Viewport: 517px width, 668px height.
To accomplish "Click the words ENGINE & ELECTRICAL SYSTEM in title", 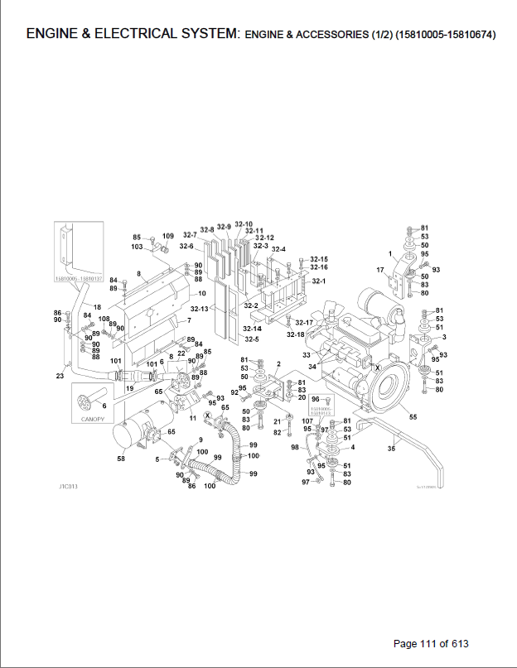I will click(132, 35).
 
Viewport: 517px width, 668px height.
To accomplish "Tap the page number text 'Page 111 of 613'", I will click(435, 643).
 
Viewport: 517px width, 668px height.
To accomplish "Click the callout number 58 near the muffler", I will click(120, 457).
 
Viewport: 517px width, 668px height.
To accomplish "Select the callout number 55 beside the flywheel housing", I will click(413, 417).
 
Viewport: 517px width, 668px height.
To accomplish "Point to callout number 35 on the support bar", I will click(391, 449).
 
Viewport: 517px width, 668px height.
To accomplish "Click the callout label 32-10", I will click(244, 224).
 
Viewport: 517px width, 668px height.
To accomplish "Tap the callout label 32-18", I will click(296, 334).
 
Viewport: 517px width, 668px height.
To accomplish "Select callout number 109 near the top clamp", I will click(167, 238).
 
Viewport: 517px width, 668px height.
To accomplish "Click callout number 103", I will click(137, 247).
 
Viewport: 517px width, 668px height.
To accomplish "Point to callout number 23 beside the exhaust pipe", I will click(60, 377).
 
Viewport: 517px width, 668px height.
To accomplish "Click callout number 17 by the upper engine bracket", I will click(380, 270).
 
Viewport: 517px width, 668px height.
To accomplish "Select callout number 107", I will click(307, 421).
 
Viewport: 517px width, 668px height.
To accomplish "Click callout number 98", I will click(294, 447).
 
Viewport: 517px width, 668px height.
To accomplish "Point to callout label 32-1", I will click(319, 281).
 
